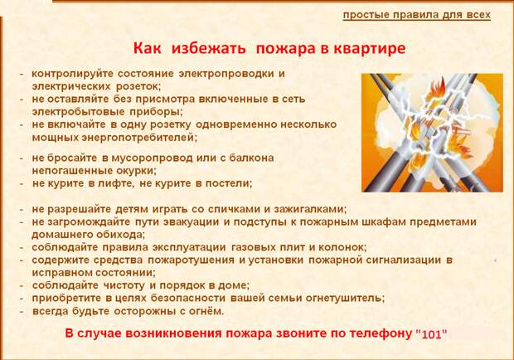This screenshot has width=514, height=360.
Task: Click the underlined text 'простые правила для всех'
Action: [x=417, y=15]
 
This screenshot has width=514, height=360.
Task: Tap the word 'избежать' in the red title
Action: [x=208, y=48]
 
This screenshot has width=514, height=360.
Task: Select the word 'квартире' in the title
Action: [x=370, y=48]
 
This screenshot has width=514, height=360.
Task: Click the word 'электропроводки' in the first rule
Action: [x=226, y=74]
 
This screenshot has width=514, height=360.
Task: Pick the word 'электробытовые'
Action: [x=79, y=112]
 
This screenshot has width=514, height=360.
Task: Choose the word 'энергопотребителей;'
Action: [x=139, y=138]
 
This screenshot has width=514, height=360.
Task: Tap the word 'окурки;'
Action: [x=136, y=171]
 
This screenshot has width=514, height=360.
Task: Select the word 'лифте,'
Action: [x=116, y=183]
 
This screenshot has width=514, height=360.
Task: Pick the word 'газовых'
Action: [x=253, y=247]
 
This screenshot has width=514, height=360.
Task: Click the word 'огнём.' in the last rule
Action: [x=206, y=311]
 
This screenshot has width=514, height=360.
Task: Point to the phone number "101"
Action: [x=431, y=334]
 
